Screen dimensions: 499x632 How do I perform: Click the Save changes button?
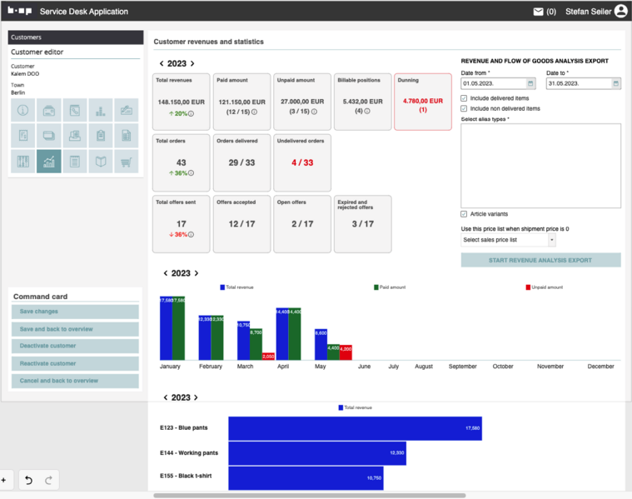pos(75,312)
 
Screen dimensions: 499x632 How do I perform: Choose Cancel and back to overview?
pos(75,381)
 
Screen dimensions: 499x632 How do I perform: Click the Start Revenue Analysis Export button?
pos(540,260)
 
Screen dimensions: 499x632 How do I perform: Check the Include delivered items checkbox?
pos(464,98)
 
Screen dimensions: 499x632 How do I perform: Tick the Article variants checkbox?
pos(464,214)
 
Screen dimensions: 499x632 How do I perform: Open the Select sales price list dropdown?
pos(508,240)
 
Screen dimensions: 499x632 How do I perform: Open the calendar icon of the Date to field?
pos(616,83)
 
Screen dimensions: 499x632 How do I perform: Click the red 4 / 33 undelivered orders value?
pos(302,162)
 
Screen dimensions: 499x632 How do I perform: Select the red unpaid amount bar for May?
pos(346,352)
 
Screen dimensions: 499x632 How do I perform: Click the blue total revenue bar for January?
pos(166,327)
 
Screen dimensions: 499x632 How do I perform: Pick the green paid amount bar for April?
pos(295,334)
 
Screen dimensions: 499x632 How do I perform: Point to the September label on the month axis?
pos(462,367)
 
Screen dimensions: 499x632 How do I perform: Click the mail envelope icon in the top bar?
pos(538,12)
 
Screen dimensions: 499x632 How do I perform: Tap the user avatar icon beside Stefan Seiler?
pos(620,12)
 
